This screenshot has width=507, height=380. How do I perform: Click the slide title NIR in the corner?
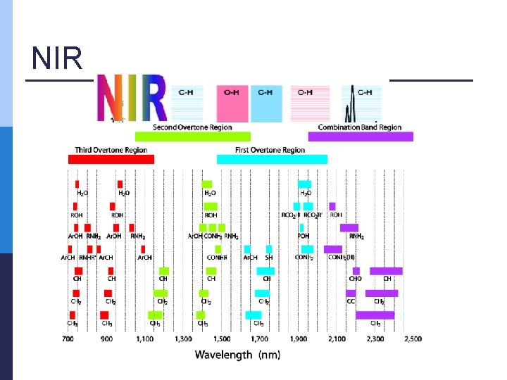(x=57, y=59)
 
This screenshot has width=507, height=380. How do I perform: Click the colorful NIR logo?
(x=132, y=98)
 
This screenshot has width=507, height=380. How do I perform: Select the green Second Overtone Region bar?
(x=192, y=137)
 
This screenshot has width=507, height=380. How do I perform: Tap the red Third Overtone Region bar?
(x=111, y=159)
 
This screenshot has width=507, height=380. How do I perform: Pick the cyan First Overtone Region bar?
(x=271, y=159)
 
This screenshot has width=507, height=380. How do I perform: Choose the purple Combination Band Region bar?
(x=360, y=137)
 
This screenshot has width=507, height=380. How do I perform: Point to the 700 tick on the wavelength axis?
(x=68, y=339)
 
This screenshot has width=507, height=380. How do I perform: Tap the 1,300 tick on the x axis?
(x=182, y=339)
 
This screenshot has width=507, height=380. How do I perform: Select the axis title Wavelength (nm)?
(x=237, y=355)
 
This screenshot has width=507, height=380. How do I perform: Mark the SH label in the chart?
(x=269, y=258)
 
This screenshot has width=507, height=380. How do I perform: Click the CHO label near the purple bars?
(x=355, y=279)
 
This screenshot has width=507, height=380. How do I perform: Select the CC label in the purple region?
(x=351, y=301)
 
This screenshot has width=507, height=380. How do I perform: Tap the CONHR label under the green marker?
(x=216, y=258)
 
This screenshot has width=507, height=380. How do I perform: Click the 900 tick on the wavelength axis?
(x=106, y=339)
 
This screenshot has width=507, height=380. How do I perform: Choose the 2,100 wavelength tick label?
(x=336, y=339)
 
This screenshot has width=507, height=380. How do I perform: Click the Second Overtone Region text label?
(x=192, y=127)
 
